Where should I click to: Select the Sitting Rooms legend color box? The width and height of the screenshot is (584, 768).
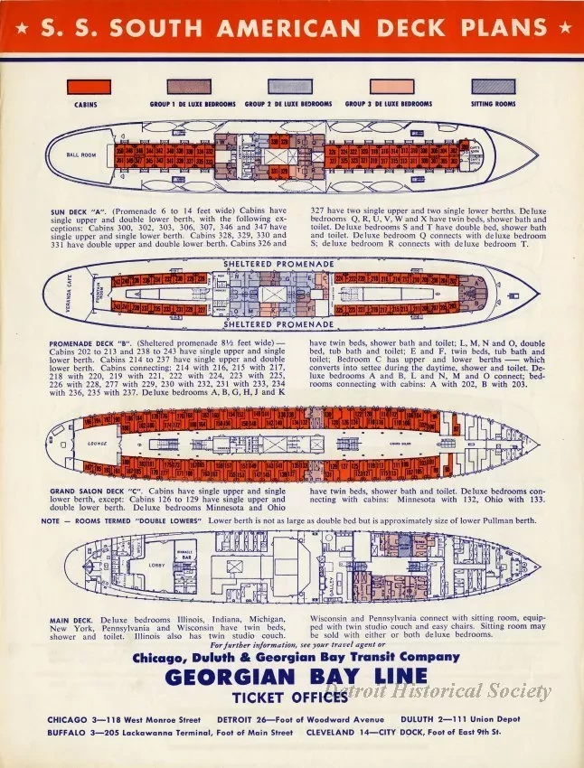[x=494, y=88]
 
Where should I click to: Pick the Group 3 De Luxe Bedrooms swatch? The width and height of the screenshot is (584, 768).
[x=389, y=88]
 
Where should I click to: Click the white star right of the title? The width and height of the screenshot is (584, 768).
[x=565, y=26]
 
